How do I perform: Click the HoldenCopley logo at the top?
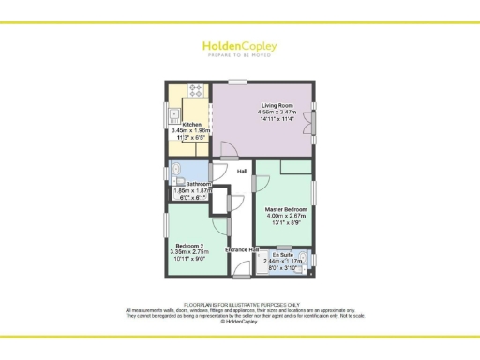pos(239,46)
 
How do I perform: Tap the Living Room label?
pos(277,105)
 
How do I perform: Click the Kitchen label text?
pos(191,123)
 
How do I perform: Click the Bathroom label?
pos(197,184)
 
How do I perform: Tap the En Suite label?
pos(282,255)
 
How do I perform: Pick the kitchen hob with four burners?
pos(197,91)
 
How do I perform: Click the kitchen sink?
pos(174,117)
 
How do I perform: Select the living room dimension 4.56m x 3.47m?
pos(277,112)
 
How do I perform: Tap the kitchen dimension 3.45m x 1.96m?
pos(191,130)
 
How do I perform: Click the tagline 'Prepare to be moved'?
pos(239,56)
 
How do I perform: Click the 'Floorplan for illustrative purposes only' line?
pos(240,304)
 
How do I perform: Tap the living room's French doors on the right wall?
pos(313,124)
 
